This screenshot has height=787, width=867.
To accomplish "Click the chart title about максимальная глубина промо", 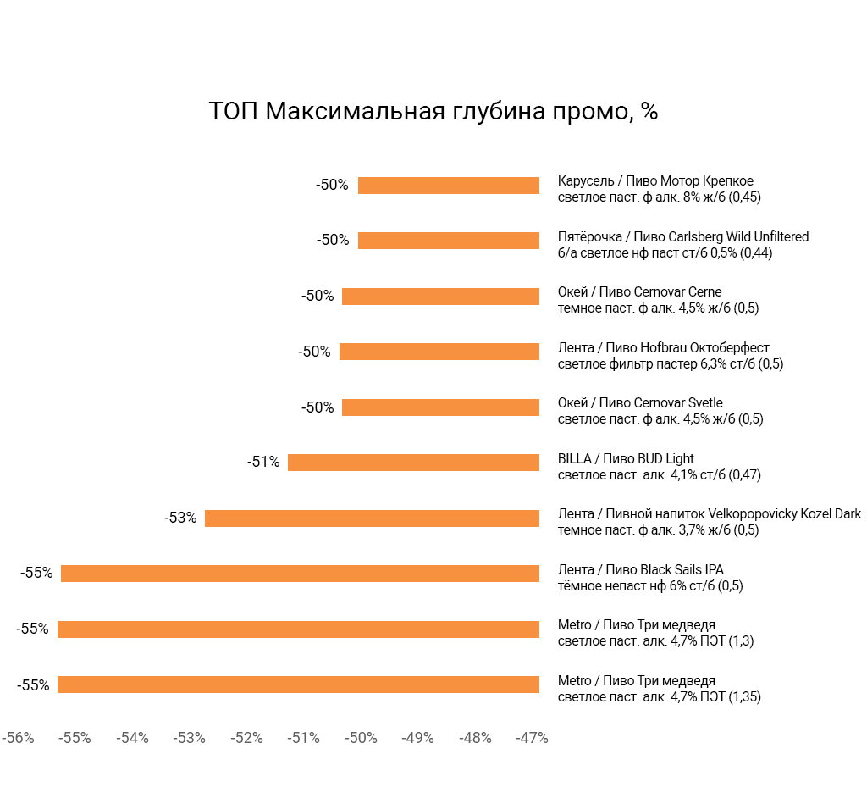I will click(433, 112).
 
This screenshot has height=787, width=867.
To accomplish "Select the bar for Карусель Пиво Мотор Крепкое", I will click(448, 186).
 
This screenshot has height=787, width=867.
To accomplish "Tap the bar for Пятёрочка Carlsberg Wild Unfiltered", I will click(448, 241).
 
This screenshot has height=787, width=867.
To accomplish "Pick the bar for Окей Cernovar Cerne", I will click(440, 297).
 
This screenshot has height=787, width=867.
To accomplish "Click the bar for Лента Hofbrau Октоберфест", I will click(439, 352).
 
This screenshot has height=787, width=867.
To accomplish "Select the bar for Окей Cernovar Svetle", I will click(440, 407).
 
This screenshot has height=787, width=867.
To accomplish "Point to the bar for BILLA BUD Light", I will click(413, 463).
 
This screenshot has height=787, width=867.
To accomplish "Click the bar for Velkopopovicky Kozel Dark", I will click(372, 518).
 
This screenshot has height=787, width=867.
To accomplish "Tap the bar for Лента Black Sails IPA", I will click(300, 574).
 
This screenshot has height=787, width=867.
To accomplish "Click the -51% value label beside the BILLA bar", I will click(263, 463).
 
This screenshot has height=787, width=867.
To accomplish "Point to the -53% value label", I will click(180, 518).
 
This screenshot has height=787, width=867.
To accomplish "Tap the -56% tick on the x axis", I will click(18, 738).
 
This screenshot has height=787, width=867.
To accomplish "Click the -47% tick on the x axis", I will click(532, 738).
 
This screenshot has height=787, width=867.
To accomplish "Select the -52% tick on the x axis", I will click(246, 738).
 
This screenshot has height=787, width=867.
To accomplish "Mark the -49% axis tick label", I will click(417, 738).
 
